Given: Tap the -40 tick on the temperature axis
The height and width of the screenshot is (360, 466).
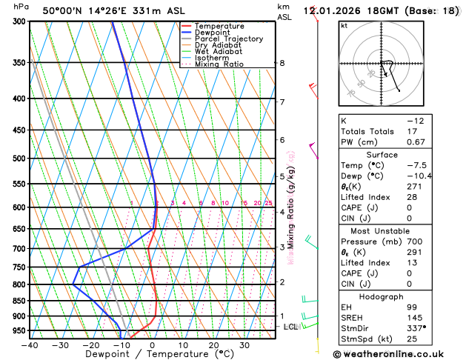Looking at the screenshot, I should click(x=30, y=344).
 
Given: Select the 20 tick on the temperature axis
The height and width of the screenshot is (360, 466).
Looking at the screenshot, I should click(x=213, y=344).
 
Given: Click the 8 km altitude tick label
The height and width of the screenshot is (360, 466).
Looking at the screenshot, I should click(x=282, y=63).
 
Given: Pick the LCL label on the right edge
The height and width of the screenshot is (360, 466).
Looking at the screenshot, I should click(x=290, y=327).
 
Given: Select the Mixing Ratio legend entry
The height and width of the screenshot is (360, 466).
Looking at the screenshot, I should click(x=223, y=64).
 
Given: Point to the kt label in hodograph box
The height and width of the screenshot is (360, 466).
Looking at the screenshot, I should click(x=344, y=26).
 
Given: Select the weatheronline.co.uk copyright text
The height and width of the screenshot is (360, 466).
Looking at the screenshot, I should click(x=399, y=355).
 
